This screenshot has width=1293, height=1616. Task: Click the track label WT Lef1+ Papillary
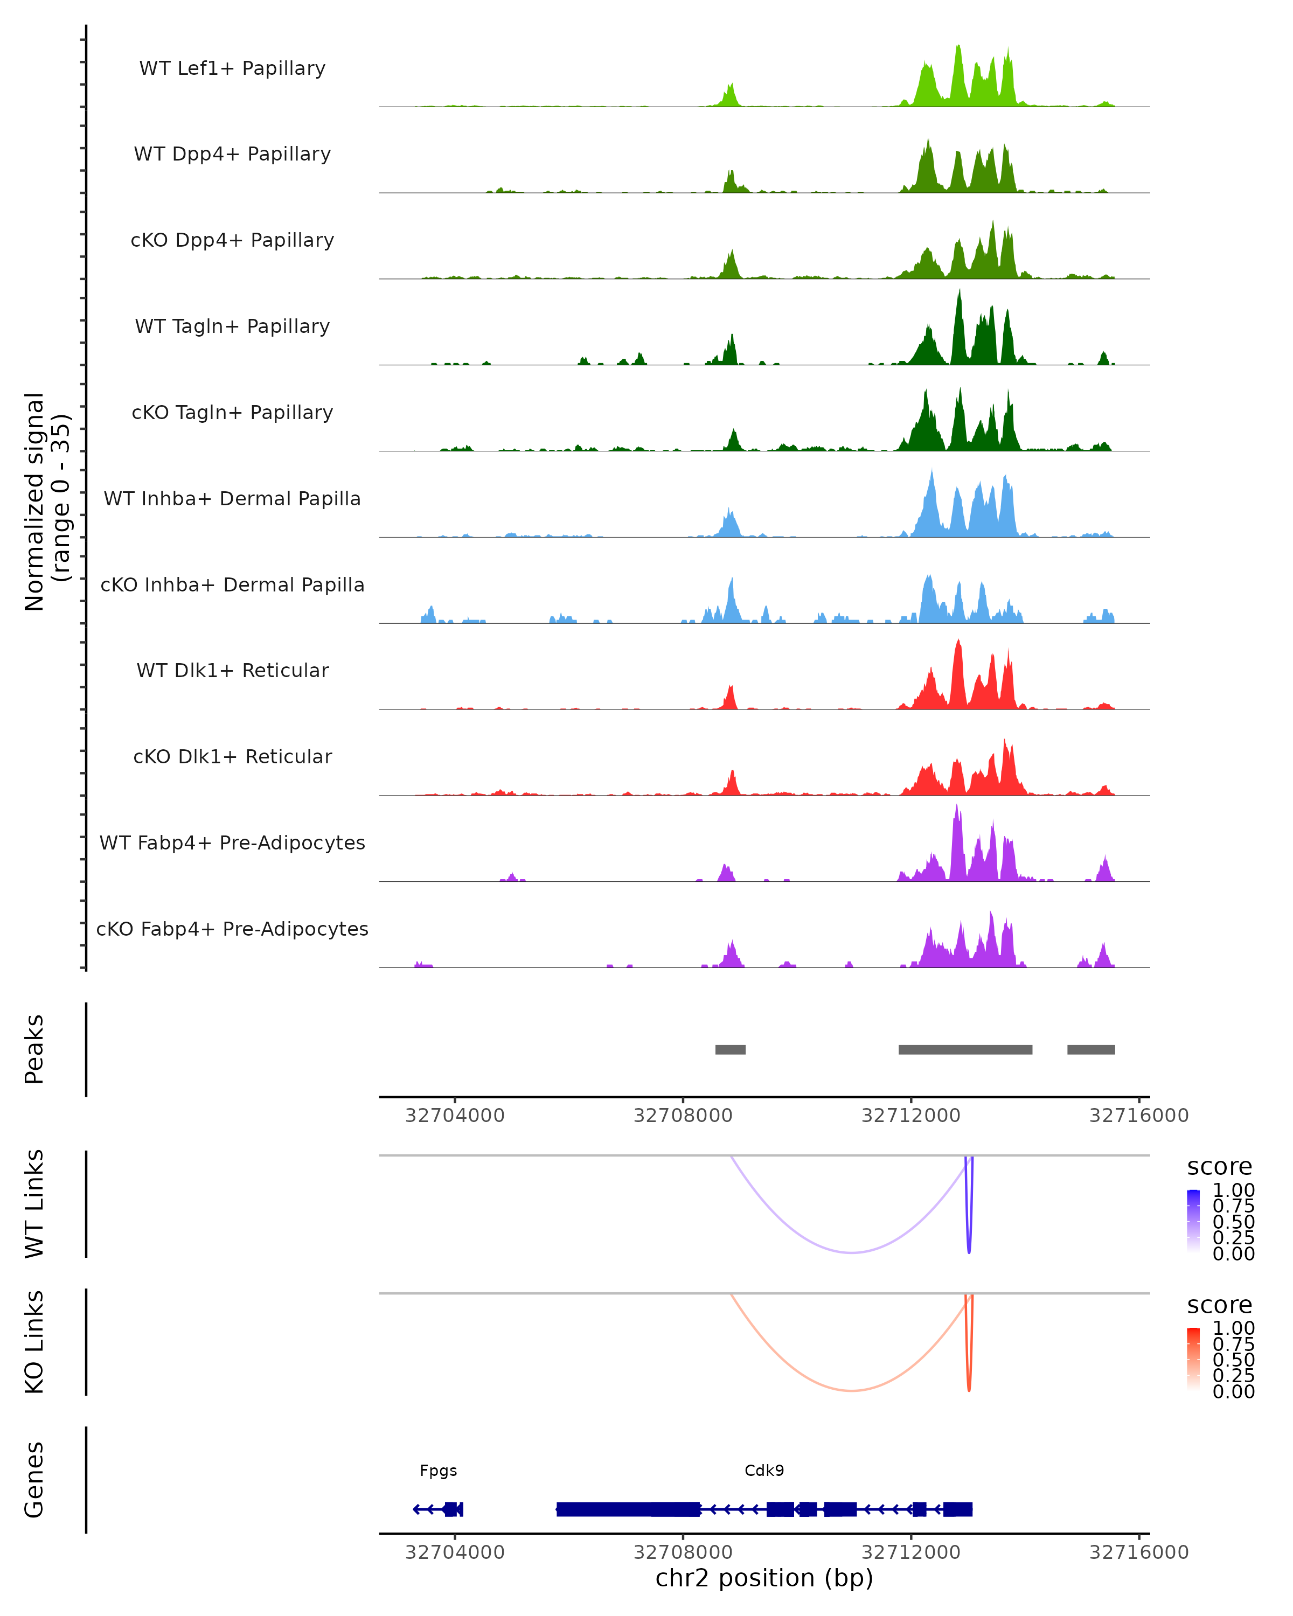(232, 68)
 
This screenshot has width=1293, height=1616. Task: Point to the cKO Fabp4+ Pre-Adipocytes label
(232, 929)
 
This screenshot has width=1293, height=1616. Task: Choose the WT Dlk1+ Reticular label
(232, 670)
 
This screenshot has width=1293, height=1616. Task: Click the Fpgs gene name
(438, 1471)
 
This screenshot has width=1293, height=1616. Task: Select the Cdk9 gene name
(764, 1471)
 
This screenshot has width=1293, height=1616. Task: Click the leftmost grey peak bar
(730, 1049)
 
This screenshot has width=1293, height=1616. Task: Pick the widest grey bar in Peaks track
(965, 1049)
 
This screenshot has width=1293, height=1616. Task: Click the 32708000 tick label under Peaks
(682, 1116)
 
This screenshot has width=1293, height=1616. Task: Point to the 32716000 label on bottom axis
(1138, 1552)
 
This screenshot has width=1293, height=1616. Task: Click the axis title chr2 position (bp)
(764, 1578)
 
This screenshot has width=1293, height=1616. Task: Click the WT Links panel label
(34, 1204)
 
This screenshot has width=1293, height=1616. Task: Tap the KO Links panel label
(34, 1342)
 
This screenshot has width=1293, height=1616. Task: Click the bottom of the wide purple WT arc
(852, 1252)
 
